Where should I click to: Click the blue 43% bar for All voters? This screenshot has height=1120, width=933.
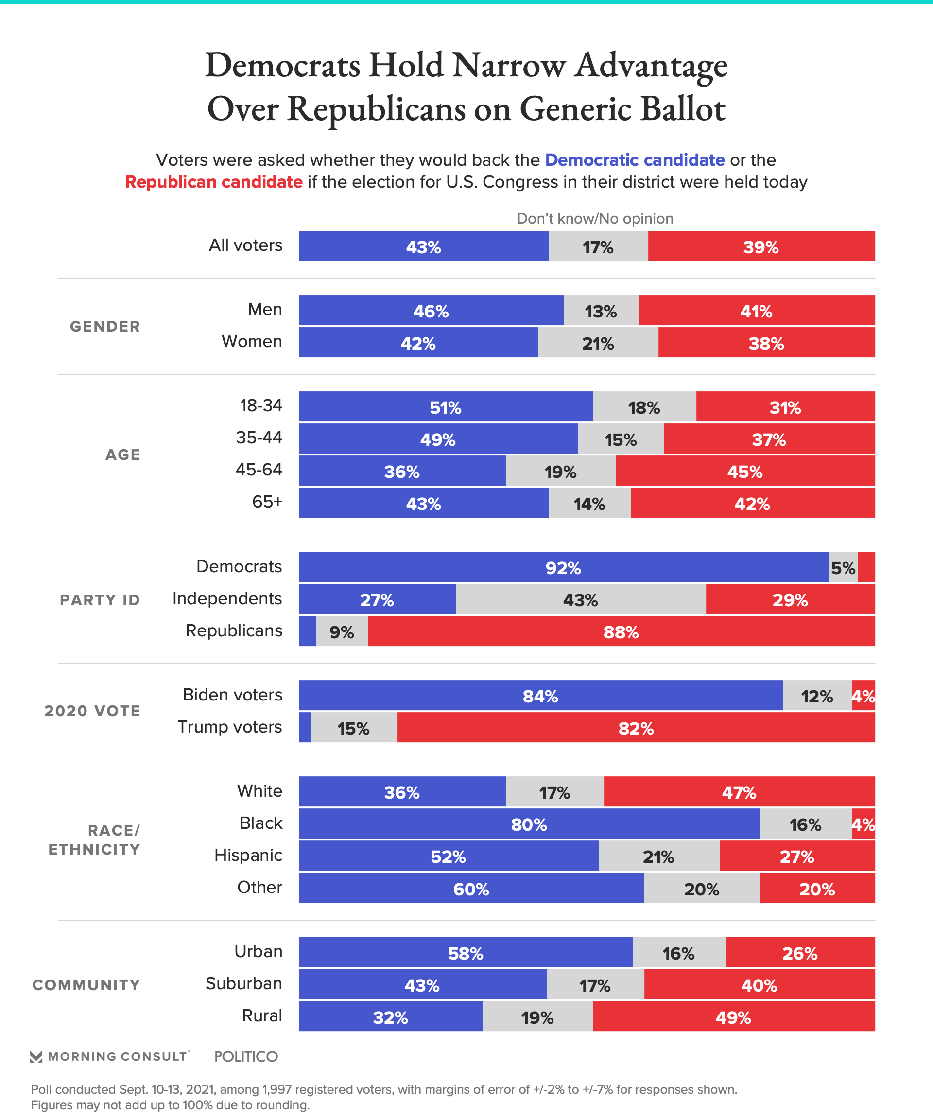[423, 246]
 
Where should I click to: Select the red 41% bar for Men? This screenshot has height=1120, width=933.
[757, 311]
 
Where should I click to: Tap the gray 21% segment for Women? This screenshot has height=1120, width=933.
[598, 342]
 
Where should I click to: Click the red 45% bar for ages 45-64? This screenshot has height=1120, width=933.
[745, 471]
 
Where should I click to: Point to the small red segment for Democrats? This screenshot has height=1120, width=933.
[866, 567]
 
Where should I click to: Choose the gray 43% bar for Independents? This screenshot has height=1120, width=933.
[581, 599]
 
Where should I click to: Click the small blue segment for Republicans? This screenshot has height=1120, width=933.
[307, 631]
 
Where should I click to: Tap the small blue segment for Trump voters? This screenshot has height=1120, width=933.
[304, 728]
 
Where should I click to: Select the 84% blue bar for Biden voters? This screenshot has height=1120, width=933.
[540, 696]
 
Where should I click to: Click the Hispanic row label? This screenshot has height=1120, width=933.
[248, 856]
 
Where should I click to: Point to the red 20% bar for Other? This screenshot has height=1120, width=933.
[817, 888]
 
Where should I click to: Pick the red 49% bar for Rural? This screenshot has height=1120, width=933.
[733, 1016]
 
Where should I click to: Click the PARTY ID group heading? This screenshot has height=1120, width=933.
[100, 600]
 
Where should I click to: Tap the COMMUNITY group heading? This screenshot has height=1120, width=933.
[86, 985]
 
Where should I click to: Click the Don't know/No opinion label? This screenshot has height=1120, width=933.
[595, 219]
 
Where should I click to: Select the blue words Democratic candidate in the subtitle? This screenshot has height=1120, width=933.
[635, 160]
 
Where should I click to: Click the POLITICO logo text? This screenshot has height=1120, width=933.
[246, 1056]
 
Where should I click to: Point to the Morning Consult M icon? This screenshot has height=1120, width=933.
[36, 1056]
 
